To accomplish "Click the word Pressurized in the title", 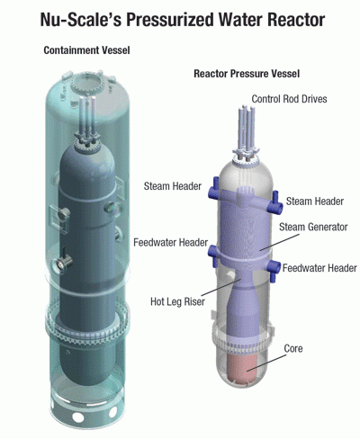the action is point(169,20).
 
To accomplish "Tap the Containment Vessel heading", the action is point(86,50).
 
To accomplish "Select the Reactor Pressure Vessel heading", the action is point(247,74).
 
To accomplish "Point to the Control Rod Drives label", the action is point(289,99).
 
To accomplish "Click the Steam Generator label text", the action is point(313,227).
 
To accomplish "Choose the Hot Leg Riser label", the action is point(177,301).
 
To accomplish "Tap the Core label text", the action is point(293,348).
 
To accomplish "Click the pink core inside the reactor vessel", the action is point(244,367).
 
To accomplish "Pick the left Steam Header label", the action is point(173,186).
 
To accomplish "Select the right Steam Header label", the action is point(315,201).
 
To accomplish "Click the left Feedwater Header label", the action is point(171,242).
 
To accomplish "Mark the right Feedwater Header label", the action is point(319,268).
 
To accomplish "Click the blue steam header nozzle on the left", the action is point(214,189).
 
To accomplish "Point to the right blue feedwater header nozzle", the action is point(274,268).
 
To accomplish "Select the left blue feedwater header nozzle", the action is point(213,254).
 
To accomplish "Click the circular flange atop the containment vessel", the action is point(86,84).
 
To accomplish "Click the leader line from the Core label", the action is point(266,363).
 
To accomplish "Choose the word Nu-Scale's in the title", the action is point(81,20).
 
